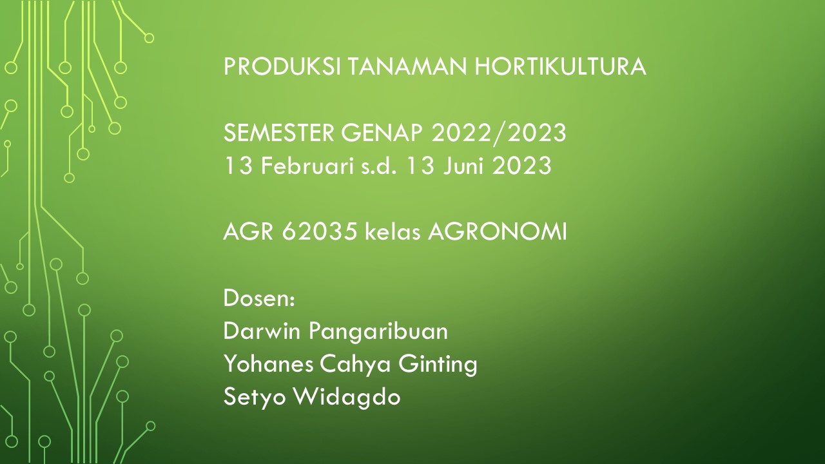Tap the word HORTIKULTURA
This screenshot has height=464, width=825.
click(x=561, y=66)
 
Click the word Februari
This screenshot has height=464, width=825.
click(x=304, y=166)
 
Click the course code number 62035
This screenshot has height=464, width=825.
click(x=320, y=232)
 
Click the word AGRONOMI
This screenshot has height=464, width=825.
click(x=498, y=232)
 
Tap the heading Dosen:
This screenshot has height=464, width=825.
click(x=259, y=299)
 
